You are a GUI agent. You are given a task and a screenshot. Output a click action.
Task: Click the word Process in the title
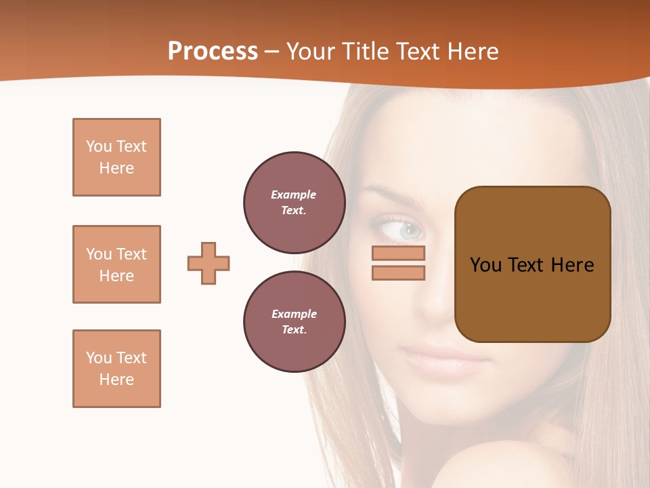point(213,52)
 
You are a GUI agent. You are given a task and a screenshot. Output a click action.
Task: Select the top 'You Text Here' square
point(116,157)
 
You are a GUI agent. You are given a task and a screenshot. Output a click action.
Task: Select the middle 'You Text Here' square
point(116,264)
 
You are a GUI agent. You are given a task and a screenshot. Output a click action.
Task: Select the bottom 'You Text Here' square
point(116,369)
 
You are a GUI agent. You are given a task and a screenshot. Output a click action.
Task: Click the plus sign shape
point(209,263)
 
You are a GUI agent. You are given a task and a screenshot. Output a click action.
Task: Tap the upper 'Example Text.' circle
point(294,202)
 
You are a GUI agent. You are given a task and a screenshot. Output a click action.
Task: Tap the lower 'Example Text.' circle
point(294,321)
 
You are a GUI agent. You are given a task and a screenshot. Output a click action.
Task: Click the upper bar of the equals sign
point(398,253)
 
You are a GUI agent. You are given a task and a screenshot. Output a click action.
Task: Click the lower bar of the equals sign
point(398,273)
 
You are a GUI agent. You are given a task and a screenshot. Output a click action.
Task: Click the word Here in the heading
point(473,52)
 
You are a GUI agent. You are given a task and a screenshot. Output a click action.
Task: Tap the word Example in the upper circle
point(294,195)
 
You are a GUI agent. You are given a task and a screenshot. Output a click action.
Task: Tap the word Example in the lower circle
point(294,314)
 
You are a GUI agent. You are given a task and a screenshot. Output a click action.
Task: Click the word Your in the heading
point(310,52)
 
